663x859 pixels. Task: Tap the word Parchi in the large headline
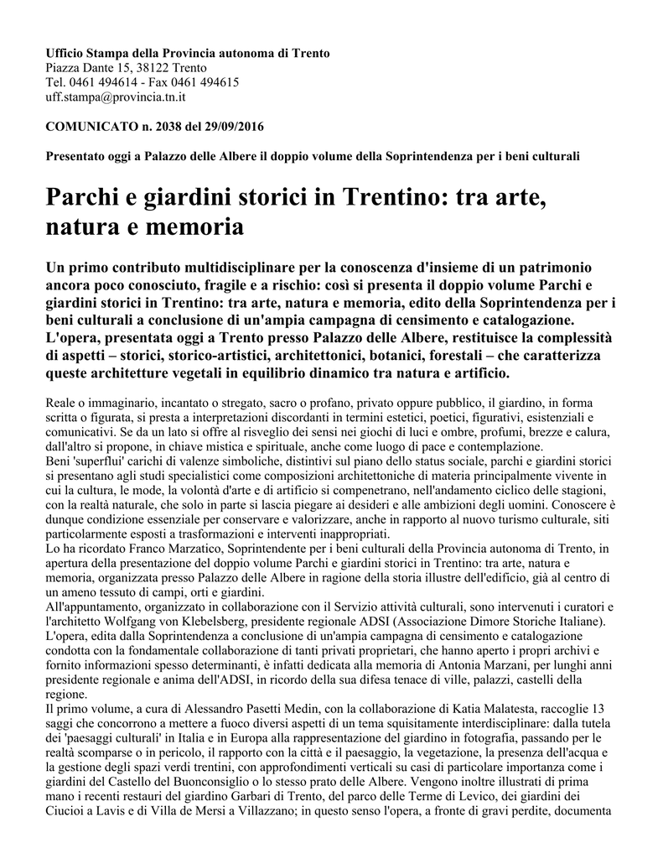click(x=81, y=200)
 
